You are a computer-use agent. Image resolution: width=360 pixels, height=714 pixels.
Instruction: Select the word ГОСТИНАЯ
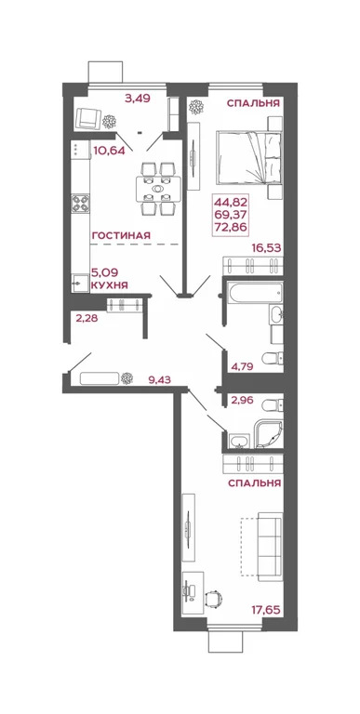coord(121,235)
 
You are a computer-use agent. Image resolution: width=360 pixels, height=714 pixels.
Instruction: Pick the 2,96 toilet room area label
coord(241,402)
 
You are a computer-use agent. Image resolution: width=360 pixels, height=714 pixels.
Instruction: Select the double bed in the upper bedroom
coord(248,158)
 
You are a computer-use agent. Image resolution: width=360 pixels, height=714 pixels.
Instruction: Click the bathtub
coord(245,295)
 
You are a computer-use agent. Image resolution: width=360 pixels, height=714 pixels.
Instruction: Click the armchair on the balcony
coord(87,118)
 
